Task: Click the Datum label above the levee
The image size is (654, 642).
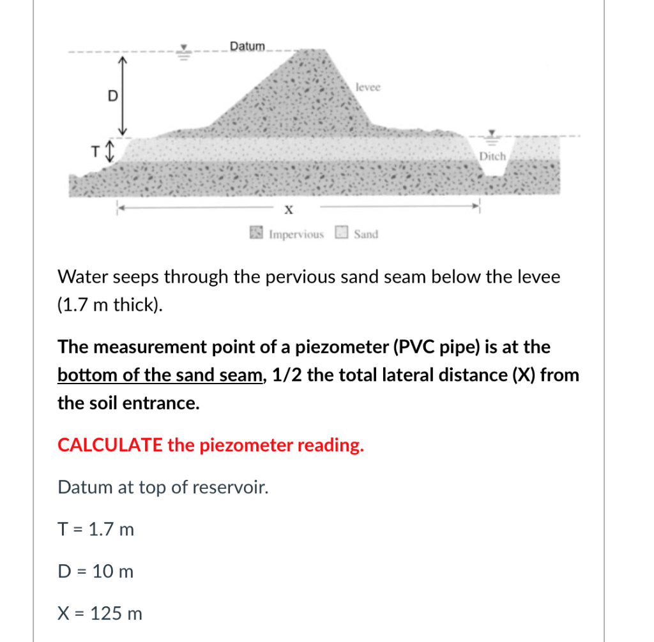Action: pyautogui.click(x=247, y=46)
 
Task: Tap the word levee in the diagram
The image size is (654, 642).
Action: pyautogui.click(x=368, y=87)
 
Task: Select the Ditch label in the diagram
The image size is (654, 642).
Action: pyautogui.click(x=492, y=156)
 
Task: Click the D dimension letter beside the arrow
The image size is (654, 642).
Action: pyautogui.click(x=112, y=96)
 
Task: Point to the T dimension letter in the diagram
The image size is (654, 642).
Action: pyautogui.click(x=96, y=152)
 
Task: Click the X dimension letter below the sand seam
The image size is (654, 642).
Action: pyautogui.click(x=288, y=209)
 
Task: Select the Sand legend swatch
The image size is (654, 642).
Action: pyautogui.click(x=342, y=234)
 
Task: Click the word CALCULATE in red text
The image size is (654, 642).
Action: pyautogui.click(x=110, y=445)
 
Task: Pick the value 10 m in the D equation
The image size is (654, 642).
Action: pyautogui.click(x=112, y=571)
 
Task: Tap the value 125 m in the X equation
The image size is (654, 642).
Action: pyautogui.click(x=117, y=614)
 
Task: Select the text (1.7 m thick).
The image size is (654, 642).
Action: pyautogui.click(x=110, y=305)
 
